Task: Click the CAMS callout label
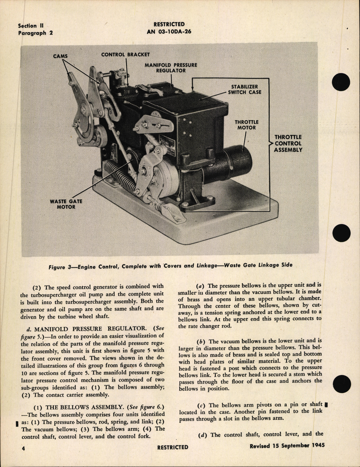[60, 56]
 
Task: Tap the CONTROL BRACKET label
[125, 54]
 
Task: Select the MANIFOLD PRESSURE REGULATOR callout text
[171, 68]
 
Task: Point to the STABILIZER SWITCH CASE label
[245, 89]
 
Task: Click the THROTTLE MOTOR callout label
[247, 125]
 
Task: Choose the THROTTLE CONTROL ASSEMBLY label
[288, 143]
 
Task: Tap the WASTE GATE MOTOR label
[66, 204]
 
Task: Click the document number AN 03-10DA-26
[169, 32]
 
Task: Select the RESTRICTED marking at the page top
[169, 24]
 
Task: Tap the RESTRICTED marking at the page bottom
[173, 447]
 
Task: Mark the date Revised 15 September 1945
[287, 445]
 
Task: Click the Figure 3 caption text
[170, 266]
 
